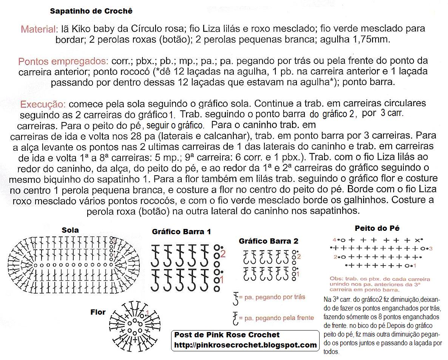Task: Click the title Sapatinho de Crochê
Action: [x=91, y=11]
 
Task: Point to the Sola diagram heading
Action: [x=70, y=230]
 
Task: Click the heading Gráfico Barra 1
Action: [x=181, y=232]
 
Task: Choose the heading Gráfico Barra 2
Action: [x=269, y=241]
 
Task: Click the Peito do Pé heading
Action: [x=377, y=228]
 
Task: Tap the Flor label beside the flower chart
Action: [x=98, y=312]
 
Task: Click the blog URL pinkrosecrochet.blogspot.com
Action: [x=245, y=345]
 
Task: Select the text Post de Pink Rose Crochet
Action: [x=227, y=335]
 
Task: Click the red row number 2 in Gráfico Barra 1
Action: [x=223, y=254]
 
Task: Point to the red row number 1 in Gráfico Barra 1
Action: [x=222, y=280]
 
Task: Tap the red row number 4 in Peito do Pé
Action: [x=334, y=240]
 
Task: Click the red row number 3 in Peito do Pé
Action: [x=431, y=248]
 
